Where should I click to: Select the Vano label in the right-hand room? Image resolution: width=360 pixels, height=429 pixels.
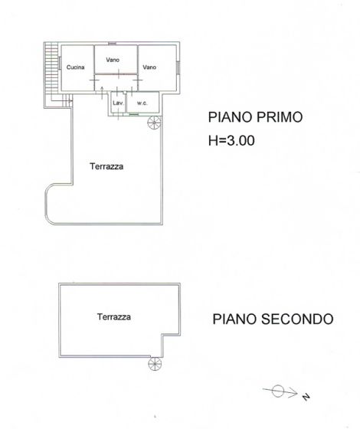(x=149, y=67)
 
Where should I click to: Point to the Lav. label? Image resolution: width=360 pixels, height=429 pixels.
(x=118, y=102)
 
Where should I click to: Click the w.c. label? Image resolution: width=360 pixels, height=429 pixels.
(x=142, y=102)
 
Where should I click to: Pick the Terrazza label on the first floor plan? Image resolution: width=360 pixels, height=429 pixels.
(x=106, y=165)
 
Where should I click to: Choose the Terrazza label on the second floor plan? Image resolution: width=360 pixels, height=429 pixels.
(x=113, y=316)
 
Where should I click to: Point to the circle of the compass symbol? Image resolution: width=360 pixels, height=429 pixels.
(x=278, y=391)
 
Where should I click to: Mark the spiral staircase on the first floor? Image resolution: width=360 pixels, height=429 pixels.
(x=154, y=123)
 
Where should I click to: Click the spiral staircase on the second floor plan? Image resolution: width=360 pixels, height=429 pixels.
(x=154, y=364)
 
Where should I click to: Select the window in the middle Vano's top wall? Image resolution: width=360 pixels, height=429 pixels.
(x=113, y=43)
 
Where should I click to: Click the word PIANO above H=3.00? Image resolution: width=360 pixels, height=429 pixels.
(x=227, y=118)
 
